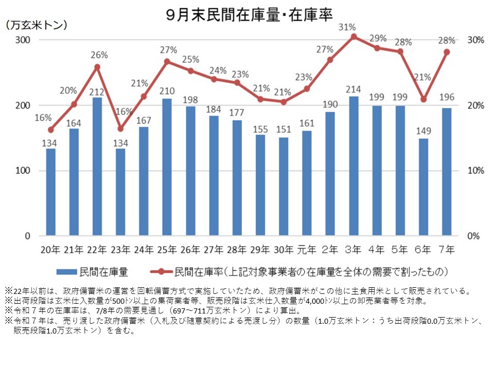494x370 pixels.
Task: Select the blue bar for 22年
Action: pyautogui.click(x=97, y=167)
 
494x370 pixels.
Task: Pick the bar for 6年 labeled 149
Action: pyautogui.click(x=423, y=187)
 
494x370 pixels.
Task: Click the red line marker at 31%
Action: pyautogui.click(x=354, y=36)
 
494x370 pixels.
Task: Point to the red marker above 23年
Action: pyautogui.click(x=120, y=128)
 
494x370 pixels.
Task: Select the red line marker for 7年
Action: pyautogui.click(x=447, y=52)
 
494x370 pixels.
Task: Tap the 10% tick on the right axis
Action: pyautogui.click(x=475, y=171)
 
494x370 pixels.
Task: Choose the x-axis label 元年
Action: pyautogui.click(x=307, y=250)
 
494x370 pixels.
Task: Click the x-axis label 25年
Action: pyautogui.click(x=167, y=250)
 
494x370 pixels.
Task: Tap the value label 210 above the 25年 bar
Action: pyautogui.click(x=167, y=90)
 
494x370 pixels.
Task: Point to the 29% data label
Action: pyautogui.click(x=377, y=38)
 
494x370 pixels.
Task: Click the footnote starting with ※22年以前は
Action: pyautogui.click(x=237, y=290)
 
